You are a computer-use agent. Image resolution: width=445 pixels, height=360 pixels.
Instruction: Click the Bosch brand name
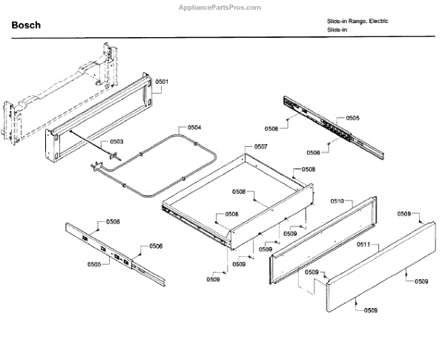click(26, 26)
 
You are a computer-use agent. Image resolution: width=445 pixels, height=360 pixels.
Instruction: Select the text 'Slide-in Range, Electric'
click(357, 21)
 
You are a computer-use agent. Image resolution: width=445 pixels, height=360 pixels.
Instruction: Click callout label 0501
click(162, 82)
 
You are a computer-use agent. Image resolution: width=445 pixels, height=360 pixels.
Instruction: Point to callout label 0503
click(116, 141)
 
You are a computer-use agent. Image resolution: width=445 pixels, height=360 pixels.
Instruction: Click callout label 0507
click(260, 147)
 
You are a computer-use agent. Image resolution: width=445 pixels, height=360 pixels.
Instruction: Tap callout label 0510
click(337, 201)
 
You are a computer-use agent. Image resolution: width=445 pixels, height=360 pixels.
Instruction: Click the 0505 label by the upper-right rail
click(352, 118)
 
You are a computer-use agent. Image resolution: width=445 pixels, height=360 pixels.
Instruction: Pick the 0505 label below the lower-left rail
click(94, 264)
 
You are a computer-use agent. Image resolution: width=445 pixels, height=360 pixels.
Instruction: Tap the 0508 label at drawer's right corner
click(308, 169)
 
